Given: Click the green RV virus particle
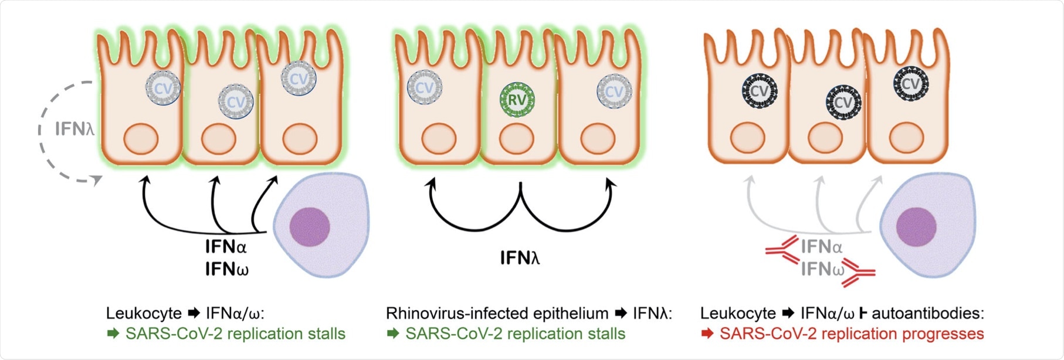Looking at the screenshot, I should (x=517, y=100).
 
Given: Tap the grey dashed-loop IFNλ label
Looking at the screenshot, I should (x=74, y=129).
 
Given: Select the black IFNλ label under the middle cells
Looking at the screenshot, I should (x=520, y=257).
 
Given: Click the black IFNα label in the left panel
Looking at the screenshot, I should (x=226, y=247).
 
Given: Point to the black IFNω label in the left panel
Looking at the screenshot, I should (x=226, y=269).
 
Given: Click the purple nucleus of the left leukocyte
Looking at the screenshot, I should (x=309, y=226).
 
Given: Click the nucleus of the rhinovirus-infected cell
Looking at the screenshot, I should (x=516, y=140).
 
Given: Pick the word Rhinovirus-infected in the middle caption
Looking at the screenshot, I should (x=458, y=313).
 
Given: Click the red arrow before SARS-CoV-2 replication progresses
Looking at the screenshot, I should (x=707, y=334).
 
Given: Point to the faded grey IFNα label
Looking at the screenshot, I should (x=821, y=247).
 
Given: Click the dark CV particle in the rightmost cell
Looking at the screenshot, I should (x=910, y=83).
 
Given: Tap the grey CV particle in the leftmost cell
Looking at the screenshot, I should (x=163, y=89).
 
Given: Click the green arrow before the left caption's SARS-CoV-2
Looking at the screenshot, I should (x=113, y=334).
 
